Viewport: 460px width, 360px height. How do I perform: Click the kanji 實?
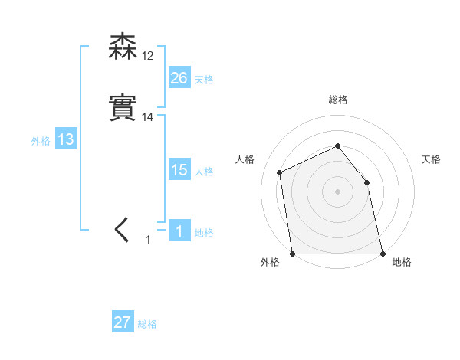click(123, 108)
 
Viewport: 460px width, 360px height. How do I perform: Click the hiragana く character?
click(122, 230)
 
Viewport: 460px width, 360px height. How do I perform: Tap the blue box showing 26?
click(179, 78)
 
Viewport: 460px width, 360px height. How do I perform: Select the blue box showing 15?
click(179, 170)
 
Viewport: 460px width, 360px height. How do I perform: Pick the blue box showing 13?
click(66, 139)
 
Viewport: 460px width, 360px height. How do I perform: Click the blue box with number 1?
click(179, 231)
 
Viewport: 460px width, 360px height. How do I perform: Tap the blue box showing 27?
click(123, 322)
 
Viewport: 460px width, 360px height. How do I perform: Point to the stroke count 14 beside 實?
click(147, 116)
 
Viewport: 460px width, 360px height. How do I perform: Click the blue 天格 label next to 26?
click(204, 80)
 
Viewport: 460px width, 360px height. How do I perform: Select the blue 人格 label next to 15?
click(204, 172)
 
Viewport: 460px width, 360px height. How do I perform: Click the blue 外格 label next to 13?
click(41, 141)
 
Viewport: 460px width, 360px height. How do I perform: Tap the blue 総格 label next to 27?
click(147, 324)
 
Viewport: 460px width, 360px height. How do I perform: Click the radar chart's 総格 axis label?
click(337, 100)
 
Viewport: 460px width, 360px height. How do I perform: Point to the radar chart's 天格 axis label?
click(432, 159)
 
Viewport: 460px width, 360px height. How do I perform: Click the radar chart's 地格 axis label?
click(402, 263)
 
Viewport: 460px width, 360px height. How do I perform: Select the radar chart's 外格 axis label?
click(270, 263)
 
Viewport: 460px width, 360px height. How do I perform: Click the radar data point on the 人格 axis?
click(280, 172)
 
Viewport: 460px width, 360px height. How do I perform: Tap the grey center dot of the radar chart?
click(337, 191)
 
